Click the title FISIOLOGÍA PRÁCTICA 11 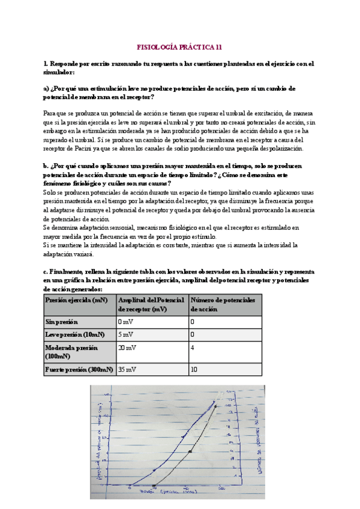(x=180, y=46)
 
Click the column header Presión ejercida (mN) (x=75, y=300)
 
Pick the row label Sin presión (x=62, y=322)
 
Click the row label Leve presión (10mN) (x=74, y=334)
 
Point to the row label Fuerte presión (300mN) (x=79, y=370)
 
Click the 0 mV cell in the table (x=125, y=322)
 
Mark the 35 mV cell (x=127, y=370)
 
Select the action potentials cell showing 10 (x=194, y=370)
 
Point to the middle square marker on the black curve (x=190, y=451)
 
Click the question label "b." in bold (x=46, y=166)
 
